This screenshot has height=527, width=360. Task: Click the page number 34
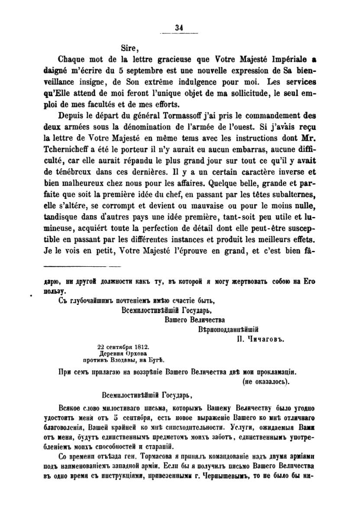pyautogui.click(x=179, y=27)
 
